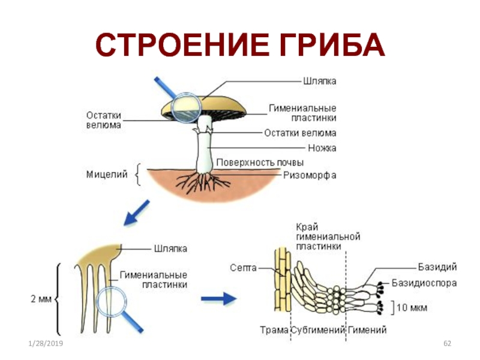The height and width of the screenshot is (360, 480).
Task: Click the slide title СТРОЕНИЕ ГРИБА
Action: [x=240, y=46]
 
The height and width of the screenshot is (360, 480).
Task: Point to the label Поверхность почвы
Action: [x=260, y=163]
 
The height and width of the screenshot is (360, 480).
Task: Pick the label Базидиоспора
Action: [x=424, y=282]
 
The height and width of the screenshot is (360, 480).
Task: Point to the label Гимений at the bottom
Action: [x=367, y=330]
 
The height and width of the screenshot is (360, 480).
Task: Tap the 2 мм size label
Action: [x=40, y=298]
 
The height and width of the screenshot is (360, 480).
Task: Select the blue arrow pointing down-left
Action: [x=136, y=214]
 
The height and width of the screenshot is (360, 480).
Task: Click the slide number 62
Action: [x=446, y=343]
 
